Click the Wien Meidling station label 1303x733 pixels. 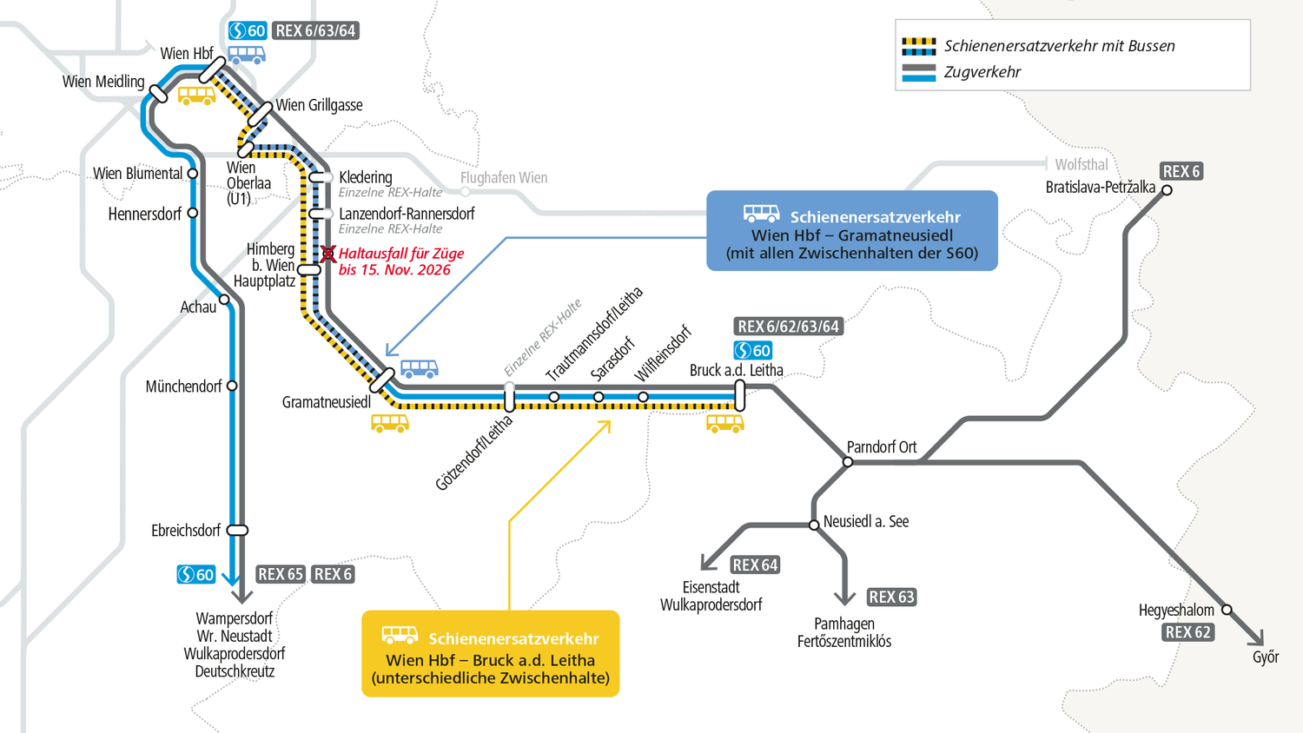coord(103,82)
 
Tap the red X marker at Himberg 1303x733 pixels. coord(327,254)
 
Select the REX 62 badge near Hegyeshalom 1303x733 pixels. coord(1187,632)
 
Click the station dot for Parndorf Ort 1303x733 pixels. coord(847,462)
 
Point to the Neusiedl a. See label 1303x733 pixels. coord(865,521)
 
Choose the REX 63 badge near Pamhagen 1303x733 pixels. coord(891,597)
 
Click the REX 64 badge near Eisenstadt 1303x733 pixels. coord(754,565)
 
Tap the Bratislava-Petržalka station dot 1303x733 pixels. coord(1167,190)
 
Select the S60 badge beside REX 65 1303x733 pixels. coord(195,574)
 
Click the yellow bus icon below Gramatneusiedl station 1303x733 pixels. coord(389,423)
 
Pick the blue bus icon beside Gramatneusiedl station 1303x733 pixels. coord(419,369)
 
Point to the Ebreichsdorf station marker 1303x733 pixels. coord(237,530)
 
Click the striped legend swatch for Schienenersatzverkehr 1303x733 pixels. coord(918,46)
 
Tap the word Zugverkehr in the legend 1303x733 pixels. coord(982,72)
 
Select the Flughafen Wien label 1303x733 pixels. coord(503,178)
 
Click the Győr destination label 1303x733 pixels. coord(1265,657)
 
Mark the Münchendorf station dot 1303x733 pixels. coord(232,386)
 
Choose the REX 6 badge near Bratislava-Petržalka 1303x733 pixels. coord(1181,171)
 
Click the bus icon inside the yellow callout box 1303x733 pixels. coord(400,636)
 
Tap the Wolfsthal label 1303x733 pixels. coord(1081,164)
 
